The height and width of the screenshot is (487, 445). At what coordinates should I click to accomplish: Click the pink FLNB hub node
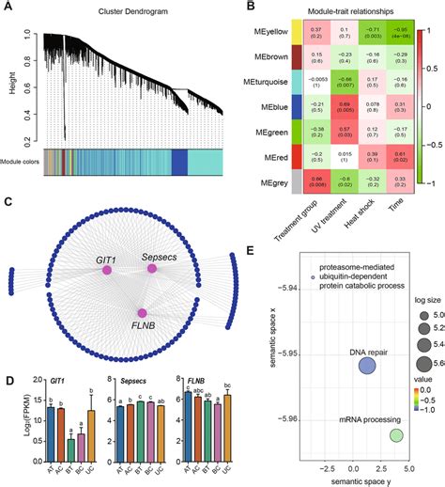coord(142,312)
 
